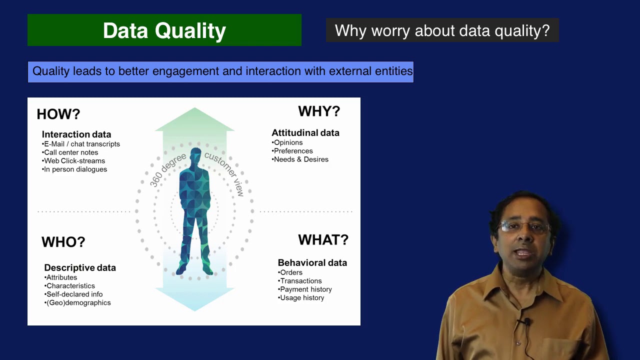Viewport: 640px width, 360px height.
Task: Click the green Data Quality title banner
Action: (164, 30)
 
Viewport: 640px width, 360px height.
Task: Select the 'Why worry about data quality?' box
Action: (442, 30)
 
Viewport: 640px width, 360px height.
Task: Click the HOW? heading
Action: (58, 114)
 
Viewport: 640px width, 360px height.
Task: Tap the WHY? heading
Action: (319, 111)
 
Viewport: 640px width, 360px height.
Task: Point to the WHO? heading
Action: (63, 242)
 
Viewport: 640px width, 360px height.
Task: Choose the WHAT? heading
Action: (323, 240)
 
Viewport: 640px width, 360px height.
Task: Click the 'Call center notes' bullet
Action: (71, 152)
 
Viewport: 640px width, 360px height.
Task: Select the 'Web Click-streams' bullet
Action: (74, 161)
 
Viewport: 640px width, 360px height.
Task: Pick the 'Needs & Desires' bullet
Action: (301, 159)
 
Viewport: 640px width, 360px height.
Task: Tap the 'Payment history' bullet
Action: (305, 289)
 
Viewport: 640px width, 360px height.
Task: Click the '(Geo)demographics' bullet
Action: (78, 302)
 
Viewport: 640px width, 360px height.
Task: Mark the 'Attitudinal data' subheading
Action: (305, 133)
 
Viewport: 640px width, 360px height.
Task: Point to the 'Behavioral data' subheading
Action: (312, 263)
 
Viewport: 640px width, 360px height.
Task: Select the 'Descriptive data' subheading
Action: (80, 268)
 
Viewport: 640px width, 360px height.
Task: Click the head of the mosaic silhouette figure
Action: (195, 155)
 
